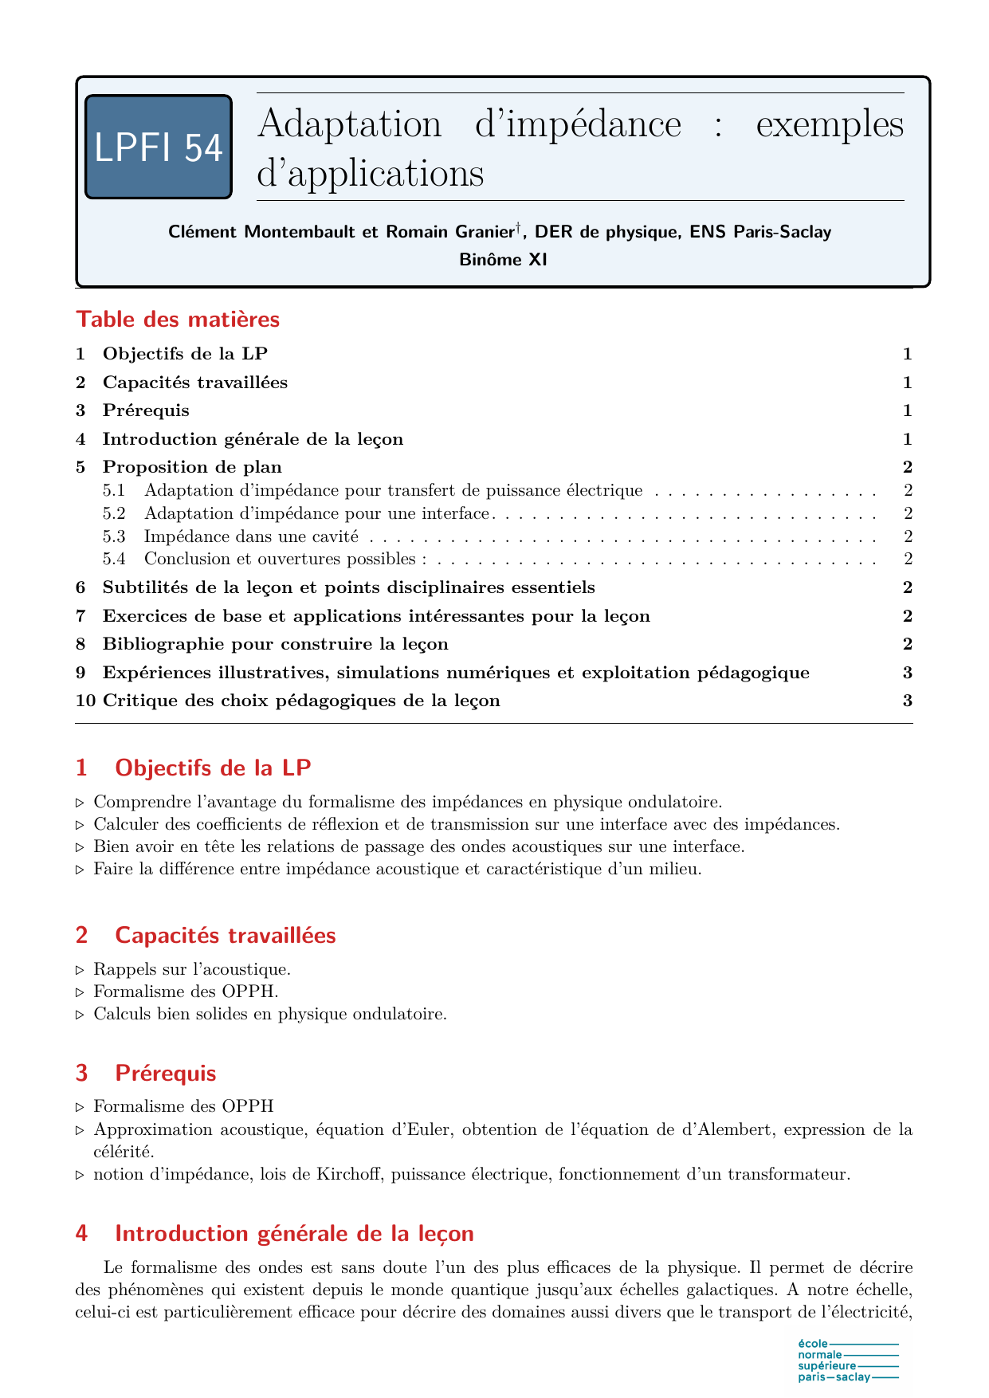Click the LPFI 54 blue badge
pyautogui.click(x=158, y=147)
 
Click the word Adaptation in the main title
pyautogui.click(x=350, y=124)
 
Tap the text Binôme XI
pyautogui.click(x=503, y=259)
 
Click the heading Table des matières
pyautogui.click(x=178, y=320)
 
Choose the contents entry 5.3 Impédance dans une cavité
pyautogui.click(x=251, y=536)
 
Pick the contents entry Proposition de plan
pyautogui.click(x=192, y=467)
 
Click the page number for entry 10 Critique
pyautogui.click(x=907, y=701)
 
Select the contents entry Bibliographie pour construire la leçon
pyautogui.click(x=275, y=644)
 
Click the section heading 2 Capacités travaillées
pyautogui.click(x=225, y=935)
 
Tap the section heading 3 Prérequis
pyautogui.click(x=165, y=1073)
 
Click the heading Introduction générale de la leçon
pyautogui.click(x=294, y=1234)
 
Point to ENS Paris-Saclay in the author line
pyautogui.click(x=760, y=232)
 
